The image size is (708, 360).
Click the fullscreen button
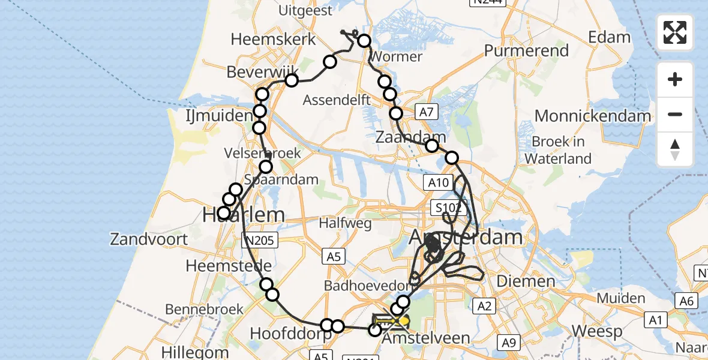(x=675, y=32)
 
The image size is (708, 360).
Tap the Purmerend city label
(x=526, y=50)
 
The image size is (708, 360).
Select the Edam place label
(x=609, y=37)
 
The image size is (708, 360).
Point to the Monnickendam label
(x=593, y=116)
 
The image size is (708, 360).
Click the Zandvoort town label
(x=149, y=239)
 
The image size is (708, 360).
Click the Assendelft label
(x=337, y=100)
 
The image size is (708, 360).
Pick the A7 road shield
(x=425, y=111)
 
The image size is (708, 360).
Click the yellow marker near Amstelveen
(x=404, y=321)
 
